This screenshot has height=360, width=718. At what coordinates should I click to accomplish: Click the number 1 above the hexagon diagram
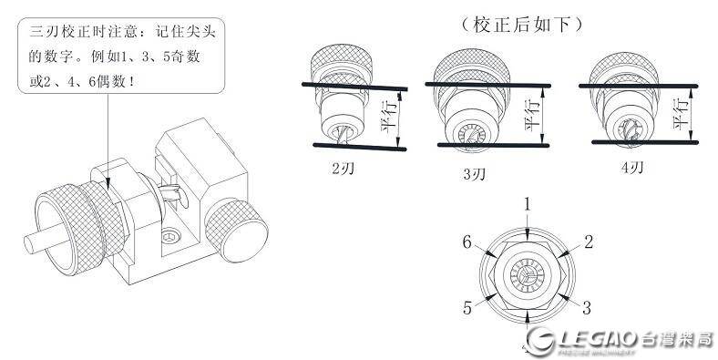[528, 204]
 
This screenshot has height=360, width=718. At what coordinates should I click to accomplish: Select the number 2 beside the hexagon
[589, 242]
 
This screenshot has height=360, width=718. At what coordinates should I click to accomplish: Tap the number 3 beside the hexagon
[586, 308]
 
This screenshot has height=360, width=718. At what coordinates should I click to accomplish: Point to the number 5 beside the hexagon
[467, 308]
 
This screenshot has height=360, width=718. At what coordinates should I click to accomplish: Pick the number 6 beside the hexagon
[467, 242]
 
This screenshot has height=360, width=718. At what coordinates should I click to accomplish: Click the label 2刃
[343, 169]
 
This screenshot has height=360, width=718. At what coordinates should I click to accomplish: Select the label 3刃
[474, 174]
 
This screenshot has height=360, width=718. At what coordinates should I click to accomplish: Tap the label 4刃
[632, 168]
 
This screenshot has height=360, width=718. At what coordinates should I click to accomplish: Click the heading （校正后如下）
[521, 26]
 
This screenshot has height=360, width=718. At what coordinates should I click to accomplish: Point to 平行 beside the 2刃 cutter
[389, 117]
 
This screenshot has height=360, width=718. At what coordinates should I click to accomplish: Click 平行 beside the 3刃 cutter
[532, 114]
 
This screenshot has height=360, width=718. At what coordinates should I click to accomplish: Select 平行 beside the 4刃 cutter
[681, 114]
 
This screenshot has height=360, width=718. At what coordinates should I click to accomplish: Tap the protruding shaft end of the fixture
[30, 244]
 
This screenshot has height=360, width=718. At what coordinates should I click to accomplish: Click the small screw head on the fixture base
[170, 237]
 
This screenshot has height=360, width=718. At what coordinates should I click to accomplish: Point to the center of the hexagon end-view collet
[527, 276]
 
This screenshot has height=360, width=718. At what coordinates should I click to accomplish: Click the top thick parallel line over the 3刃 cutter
[487, 85]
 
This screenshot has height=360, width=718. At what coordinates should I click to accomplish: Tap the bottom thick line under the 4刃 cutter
[645, 142]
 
